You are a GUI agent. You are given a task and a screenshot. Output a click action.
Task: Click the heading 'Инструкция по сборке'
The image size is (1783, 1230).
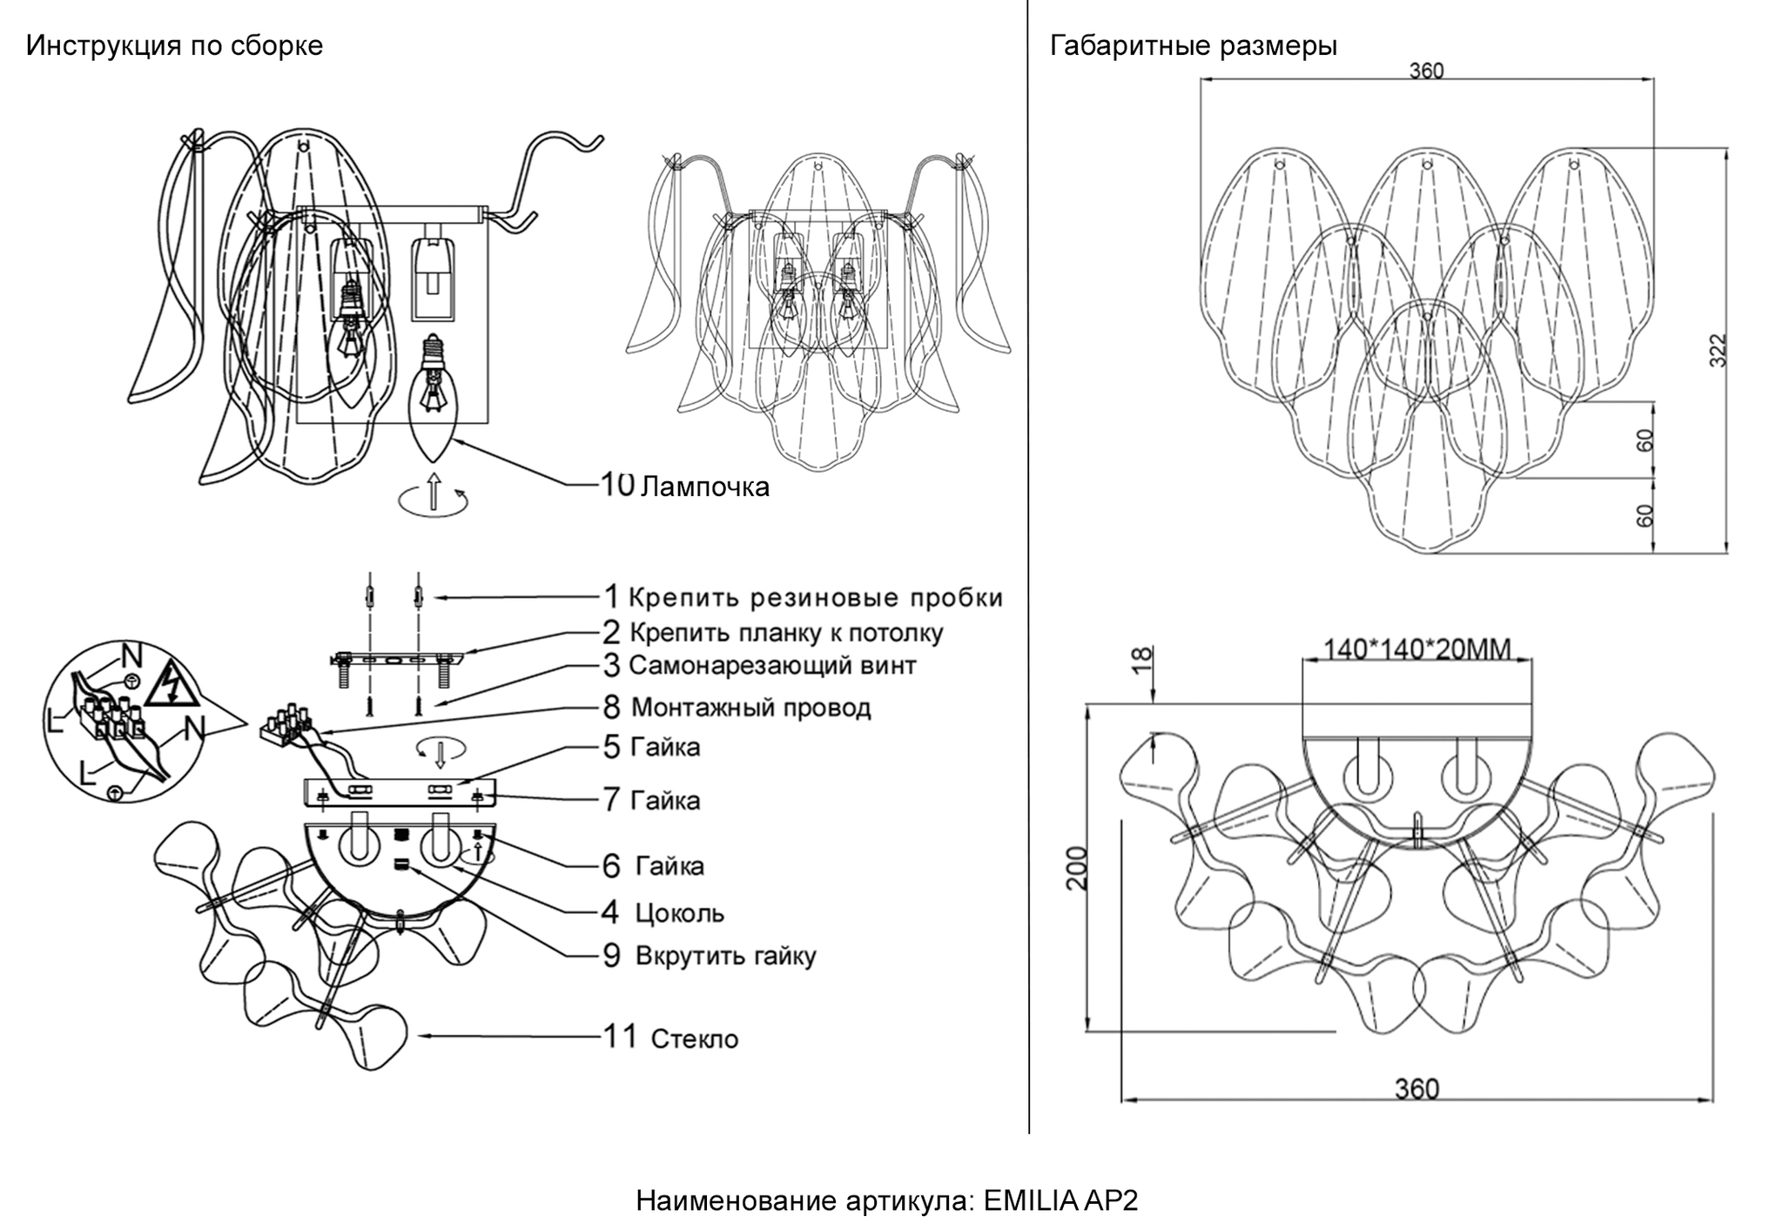click(174, 45)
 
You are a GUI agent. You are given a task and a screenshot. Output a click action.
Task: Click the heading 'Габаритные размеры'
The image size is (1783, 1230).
click(1194, 45)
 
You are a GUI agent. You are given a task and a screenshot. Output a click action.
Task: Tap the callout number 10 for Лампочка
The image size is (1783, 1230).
click(618, 484)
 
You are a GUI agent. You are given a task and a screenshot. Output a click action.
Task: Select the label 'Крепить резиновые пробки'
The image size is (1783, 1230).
click(816, 598)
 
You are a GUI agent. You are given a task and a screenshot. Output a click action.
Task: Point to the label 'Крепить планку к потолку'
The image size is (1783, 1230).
click(786, 633)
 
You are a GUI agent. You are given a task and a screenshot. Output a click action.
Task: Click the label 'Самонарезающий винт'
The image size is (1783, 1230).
click(772, 666)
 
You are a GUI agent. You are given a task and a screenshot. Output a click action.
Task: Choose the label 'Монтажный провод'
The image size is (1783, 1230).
click(750, 707)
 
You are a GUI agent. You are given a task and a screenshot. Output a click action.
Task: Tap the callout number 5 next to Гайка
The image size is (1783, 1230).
click(612, 747)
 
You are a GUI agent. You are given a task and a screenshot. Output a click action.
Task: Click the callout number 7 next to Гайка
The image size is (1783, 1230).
click(612, 800)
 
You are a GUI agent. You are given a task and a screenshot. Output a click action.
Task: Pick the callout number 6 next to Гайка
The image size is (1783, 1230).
click(612, 866)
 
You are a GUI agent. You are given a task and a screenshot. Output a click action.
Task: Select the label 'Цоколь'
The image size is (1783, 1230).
click(679, 913)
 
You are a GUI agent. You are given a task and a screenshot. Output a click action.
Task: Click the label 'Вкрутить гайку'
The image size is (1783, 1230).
click(726, 956)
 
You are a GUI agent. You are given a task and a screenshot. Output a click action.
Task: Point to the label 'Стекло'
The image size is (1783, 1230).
click(695, 1038)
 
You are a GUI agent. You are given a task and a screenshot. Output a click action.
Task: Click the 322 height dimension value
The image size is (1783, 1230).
click(1717, 350)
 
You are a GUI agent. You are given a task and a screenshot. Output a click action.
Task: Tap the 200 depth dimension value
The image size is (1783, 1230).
click(1078, 867)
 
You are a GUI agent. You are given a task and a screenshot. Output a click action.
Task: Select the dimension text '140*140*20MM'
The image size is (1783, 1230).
click(1417, 649)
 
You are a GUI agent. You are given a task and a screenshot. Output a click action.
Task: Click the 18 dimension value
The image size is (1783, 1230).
click(1142, 659)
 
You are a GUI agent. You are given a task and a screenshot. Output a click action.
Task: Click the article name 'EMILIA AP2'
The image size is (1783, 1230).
click(1060, 1201)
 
